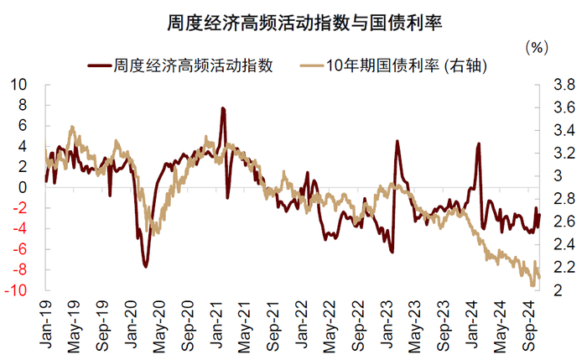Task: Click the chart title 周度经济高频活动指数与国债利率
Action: (304, 23)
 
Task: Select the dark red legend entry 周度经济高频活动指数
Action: (180, 65)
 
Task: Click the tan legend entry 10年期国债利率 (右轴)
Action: (394, 66)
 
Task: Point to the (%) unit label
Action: (537, 48)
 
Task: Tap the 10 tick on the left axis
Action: (18, 85)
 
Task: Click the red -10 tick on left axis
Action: (16, 290)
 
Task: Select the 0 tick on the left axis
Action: (23, 187)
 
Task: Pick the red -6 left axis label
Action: (20, 249)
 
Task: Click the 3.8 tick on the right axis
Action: (564, 85)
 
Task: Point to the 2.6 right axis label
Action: (564, 222)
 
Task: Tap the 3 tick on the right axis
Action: (558, 175)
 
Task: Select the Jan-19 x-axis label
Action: (46, 324)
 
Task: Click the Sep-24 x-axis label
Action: (530, 326)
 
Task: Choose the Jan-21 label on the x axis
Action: (217, 324)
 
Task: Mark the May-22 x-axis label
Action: (330, 326)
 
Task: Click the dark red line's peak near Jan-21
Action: (223, 108)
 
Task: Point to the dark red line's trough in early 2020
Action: (146, 266)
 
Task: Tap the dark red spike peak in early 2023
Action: (397, 141)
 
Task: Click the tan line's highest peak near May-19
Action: (72, 128)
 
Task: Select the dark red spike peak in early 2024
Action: (479, 143)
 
